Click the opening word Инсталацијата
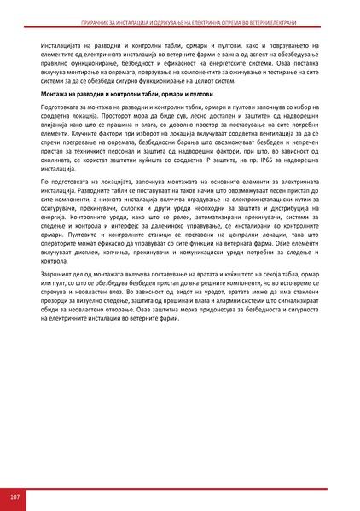65,38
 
